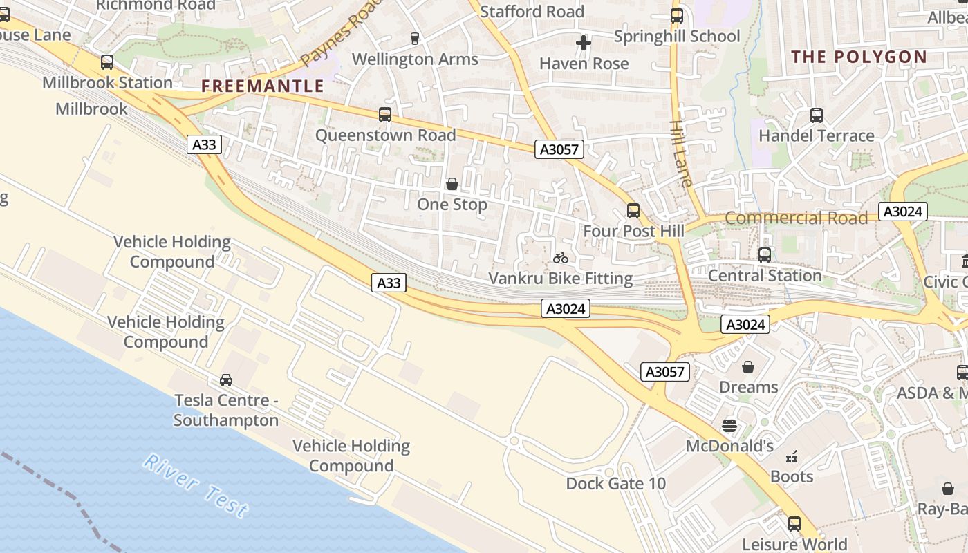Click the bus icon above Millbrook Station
107,62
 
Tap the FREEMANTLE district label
263,86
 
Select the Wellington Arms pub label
415,59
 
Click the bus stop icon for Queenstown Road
385,115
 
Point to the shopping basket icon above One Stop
452,184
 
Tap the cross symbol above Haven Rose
584,44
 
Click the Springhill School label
677,36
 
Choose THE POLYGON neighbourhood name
859,57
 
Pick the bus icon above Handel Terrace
817,115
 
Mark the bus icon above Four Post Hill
633,211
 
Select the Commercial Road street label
796,218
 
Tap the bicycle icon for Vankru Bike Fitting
561,259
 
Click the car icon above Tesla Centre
226,380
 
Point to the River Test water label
195,485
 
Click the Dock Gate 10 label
615,484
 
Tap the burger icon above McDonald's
729,426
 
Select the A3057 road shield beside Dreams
664,372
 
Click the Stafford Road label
532,12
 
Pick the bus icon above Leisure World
794,524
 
